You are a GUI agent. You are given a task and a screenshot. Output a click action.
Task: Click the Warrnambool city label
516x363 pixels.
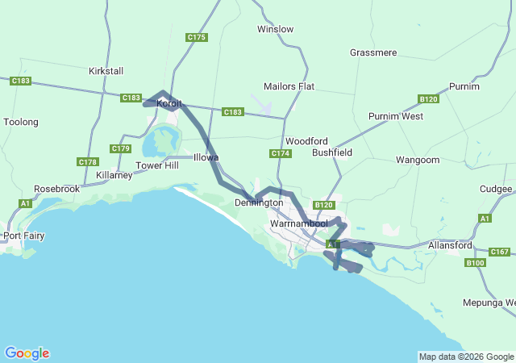pos(298,223)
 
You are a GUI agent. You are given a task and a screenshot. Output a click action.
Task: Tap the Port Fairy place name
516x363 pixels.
pos(23,236)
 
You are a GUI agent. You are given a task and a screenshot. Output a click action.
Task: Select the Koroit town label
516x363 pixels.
pos(169,103)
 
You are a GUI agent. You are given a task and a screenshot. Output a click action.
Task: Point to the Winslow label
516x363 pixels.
pos(275,29)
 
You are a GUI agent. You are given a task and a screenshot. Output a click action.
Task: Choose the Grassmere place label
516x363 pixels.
pos(373,52)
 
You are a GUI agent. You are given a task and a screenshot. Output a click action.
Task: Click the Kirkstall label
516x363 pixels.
pos(106,71)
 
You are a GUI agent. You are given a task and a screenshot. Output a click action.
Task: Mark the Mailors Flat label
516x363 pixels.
pos(289,86)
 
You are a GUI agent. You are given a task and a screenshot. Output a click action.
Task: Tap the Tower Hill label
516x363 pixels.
pos(156,165)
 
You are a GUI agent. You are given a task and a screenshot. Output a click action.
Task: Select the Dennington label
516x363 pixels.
pos(259,202)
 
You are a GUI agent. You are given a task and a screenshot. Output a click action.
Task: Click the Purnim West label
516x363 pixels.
pos(396,116)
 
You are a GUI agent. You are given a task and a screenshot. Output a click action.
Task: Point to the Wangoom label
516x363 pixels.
pos(417,161)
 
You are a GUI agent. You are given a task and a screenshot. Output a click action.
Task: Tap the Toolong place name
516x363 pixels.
pos(21,122)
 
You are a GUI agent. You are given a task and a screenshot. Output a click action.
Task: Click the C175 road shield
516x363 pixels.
pos(197,37)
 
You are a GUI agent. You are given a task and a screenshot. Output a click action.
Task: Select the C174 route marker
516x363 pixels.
pos(280,153)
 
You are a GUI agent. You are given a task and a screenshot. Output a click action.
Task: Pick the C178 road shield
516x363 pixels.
pos(88,162)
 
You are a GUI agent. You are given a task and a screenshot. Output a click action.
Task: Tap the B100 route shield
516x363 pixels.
pos(476,262)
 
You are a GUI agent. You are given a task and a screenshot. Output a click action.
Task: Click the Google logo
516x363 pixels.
pos(27,353)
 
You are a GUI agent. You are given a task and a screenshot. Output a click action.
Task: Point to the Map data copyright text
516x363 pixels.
pos(466,357)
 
